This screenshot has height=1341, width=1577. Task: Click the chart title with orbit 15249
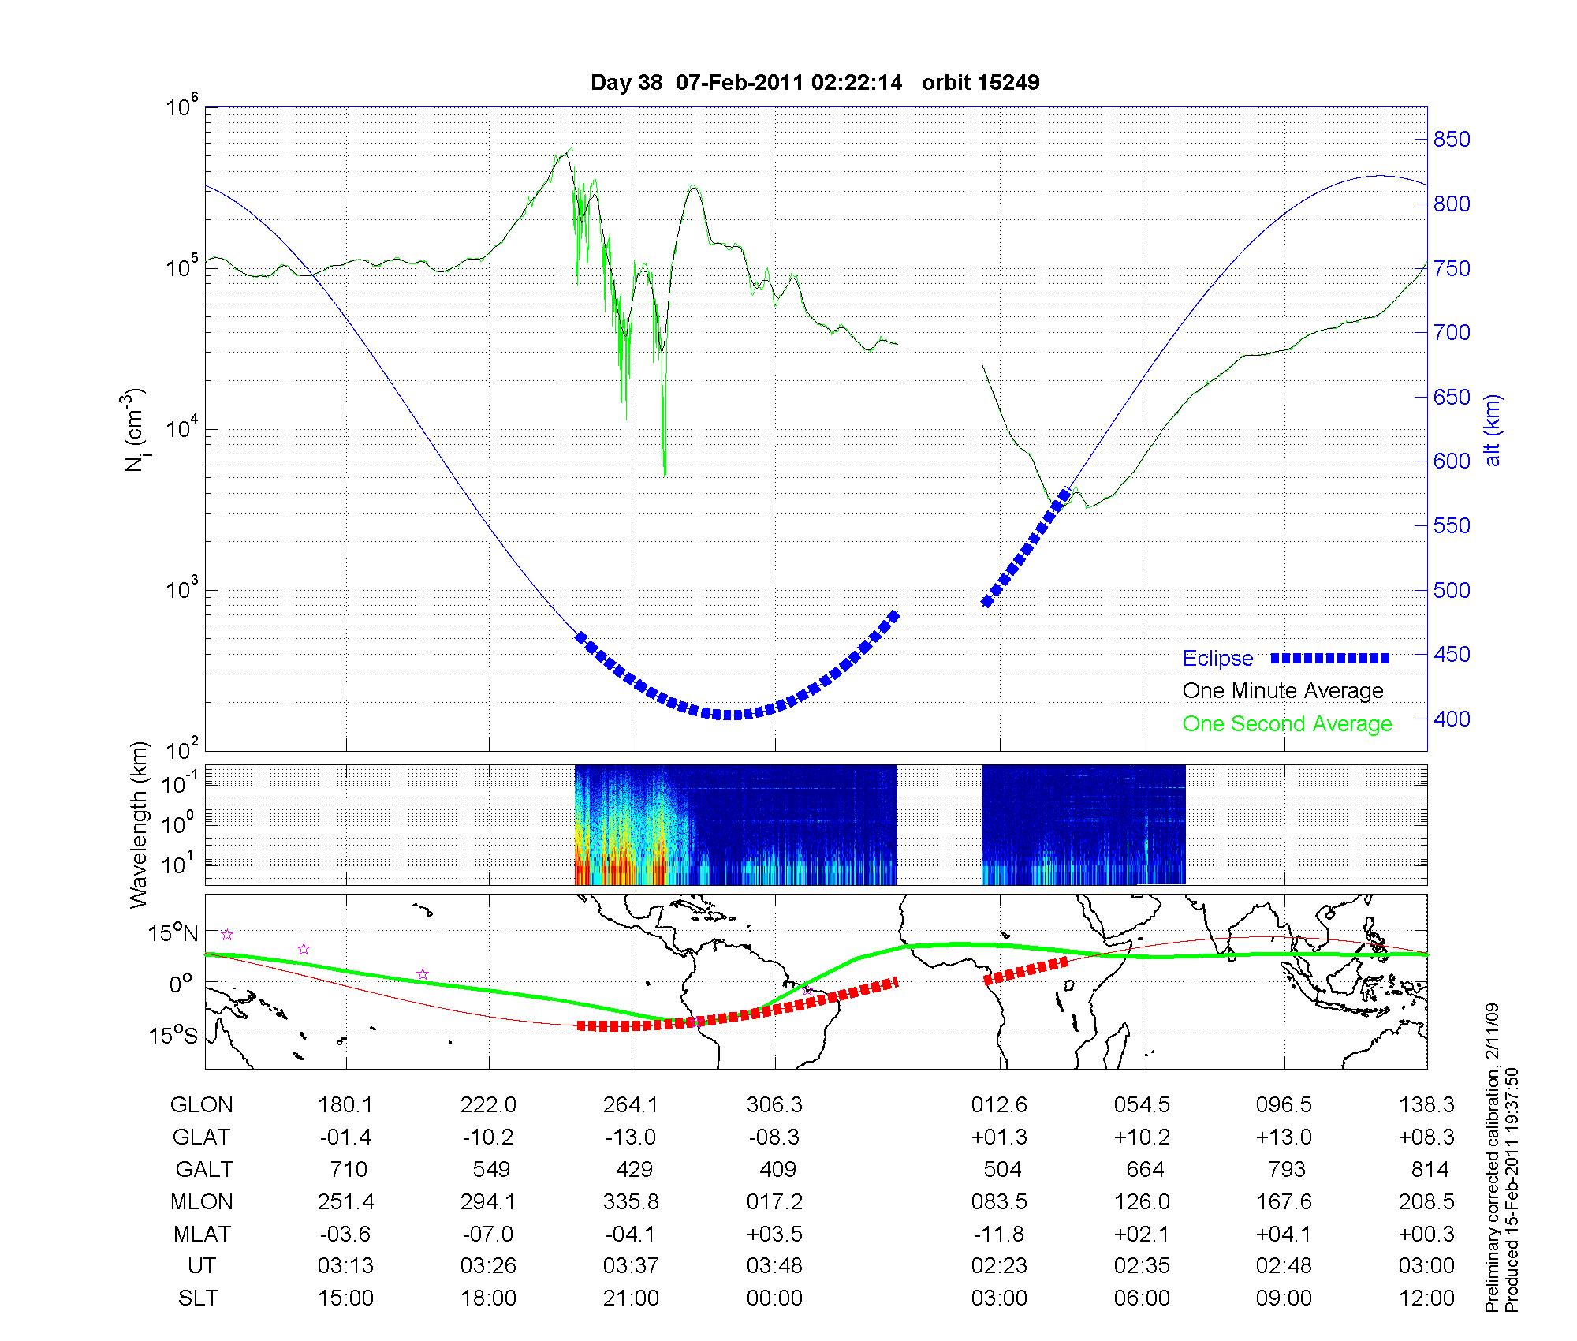tap(815, 83)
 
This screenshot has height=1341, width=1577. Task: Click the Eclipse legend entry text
tap(1217, 659)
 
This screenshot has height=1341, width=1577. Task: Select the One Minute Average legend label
tap(1283, 691)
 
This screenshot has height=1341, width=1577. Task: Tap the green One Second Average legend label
tap(1287, 724)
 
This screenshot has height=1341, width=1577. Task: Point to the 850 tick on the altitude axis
tap(1452, 140)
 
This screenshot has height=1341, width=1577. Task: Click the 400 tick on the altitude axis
tap(1452, 719)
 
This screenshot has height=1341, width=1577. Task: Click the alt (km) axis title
tap(1493, 431)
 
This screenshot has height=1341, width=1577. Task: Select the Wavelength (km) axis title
tap(139, 825)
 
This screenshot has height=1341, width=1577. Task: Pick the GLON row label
tap(201, 1105)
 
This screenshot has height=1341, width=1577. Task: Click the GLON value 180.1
tap(345, 1105)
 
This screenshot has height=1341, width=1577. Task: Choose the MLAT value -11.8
tap(999, 1234)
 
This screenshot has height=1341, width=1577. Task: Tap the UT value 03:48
tap(774, 1266)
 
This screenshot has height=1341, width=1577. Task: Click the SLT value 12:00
tap(1426, 1298)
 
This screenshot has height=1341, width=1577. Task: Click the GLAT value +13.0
tap(1284, 1137)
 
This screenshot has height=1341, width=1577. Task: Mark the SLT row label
tap(198, 1298)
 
